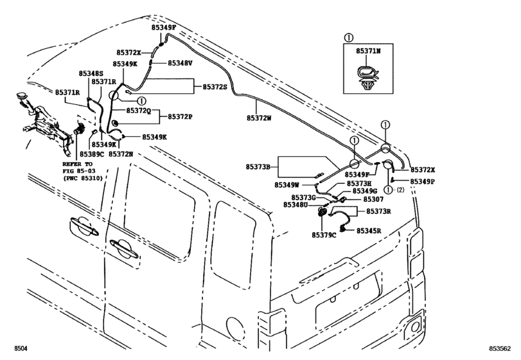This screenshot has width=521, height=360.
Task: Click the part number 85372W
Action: tap(260, 118)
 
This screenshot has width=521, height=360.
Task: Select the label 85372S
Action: tap(215, 86)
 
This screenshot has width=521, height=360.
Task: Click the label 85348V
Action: tap(181, 63)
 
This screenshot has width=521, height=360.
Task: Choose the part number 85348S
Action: tap(91, 74)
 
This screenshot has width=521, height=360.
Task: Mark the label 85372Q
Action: tap(138, 111)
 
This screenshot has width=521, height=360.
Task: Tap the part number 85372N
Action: tap(121, 154)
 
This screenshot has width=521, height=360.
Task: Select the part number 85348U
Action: tap(298, 204)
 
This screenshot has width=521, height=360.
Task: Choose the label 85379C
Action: tap(324, 235)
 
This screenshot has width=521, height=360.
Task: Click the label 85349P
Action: tap(423, 181)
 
